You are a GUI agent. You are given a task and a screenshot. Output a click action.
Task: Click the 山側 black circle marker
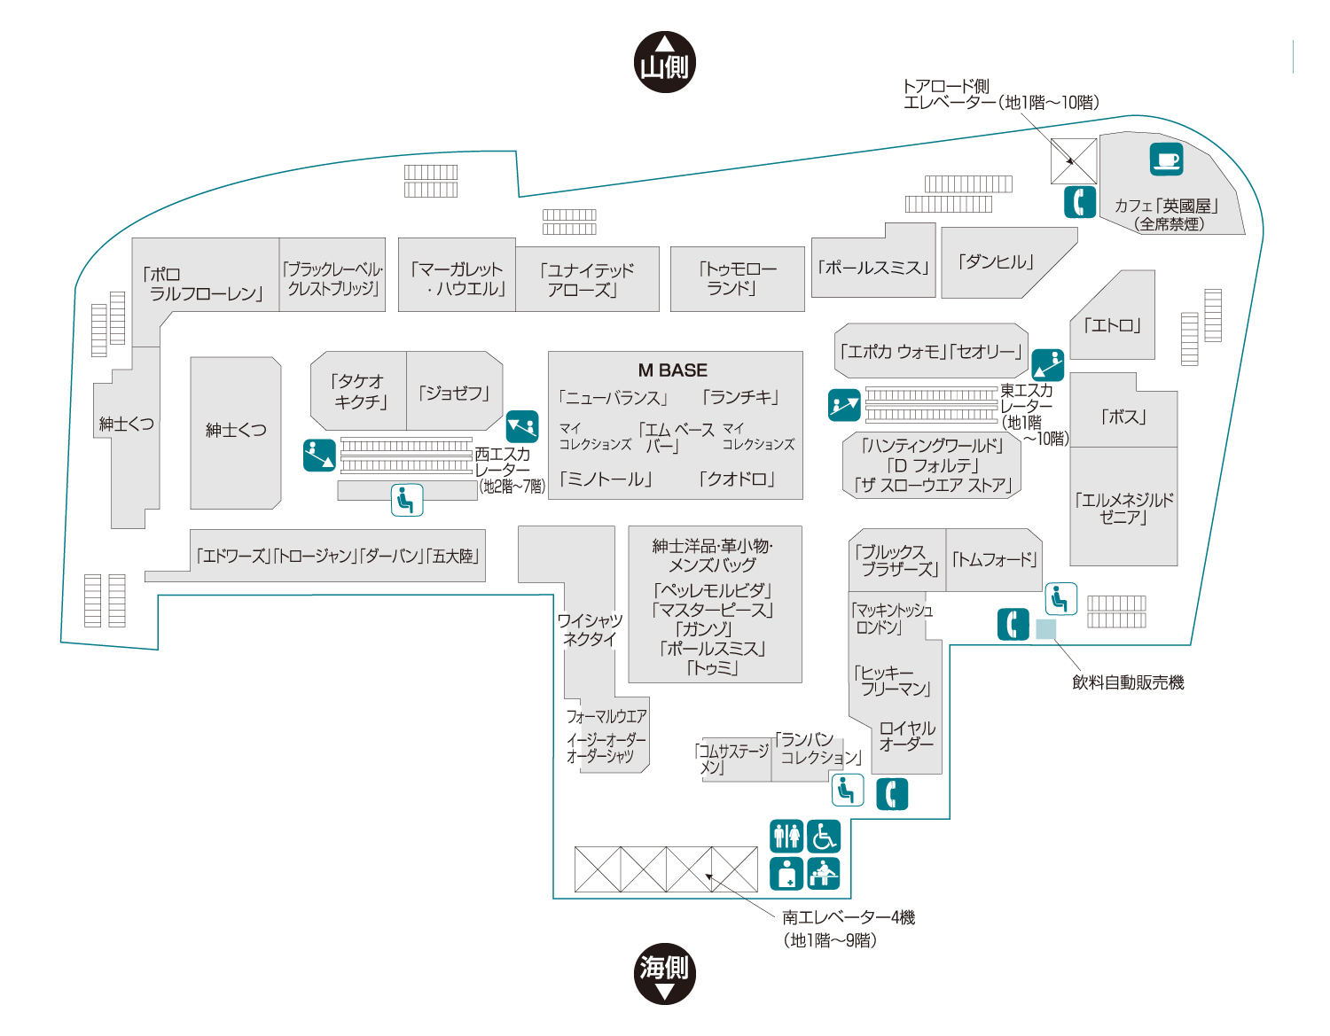point(664,62)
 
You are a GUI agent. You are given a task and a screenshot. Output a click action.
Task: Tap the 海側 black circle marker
point(664,973)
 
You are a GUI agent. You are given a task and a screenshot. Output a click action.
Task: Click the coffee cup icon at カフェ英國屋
point(1165,159)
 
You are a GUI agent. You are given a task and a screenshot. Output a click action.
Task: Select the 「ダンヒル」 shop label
point(995,261)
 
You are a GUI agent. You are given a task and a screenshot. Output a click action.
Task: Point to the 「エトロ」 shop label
point(1112,324)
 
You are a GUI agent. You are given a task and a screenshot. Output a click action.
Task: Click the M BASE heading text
point(672,370)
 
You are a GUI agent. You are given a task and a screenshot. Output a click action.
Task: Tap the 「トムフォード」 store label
point(993,559)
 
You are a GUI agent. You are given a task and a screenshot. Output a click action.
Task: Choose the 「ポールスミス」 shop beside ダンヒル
point(873,268)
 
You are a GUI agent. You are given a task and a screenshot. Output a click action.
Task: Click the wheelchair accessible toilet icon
point(823,836)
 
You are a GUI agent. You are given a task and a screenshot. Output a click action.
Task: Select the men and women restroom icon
point(786,836)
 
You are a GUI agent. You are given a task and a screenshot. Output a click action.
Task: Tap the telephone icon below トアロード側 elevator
point(1080,202)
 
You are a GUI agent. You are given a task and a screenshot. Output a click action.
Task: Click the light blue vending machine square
point(1045,628)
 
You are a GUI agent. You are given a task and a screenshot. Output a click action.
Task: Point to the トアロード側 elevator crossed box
point(1074,160)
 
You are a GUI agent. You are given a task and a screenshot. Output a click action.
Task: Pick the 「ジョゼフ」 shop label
point(454,393)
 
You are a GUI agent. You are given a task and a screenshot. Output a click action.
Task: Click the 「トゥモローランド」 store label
point(737,278)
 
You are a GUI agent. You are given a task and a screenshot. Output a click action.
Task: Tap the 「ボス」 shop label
point(1123,417)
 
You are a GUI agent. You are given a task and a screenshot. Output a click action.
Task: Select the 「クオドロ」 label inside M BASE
point(737,479)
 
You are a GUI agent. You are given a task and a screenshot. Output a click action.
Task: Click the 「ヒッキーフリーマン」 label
point(892,681)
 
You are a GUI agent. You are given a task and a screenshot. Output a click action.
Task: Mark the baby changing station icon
point(823,873)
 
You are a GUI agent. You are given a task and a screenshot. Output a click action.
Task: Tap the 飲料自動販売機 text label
point(1128,682)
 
